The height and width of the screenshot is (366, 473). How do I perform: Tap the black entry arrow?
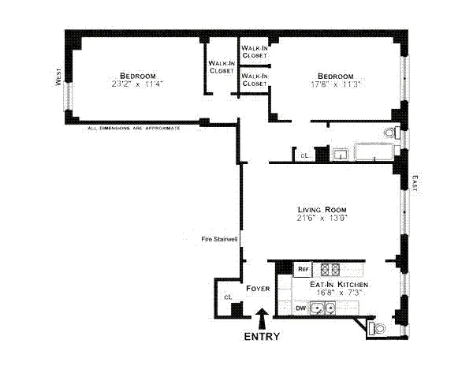[261, 318]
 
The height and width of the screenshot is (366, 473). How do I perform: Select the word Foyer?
[258, 289]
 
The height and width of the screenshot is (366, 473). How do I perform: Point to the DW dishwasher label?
[301, 308]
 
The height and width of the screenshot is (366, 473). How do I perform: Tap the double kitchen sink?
[321, 308]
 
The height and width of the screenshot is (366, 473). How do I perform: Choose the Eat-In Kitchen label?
[338, 284]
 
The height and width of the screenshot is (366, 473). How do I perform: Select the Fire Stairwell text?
[219, 239]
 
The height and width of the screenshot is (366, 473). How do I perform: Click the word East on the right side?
[415, 183]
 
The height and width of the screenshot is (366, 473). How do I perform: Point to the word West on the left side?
[58, 77]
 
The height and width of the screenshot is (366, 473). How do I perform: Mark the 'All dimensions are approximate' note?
[134, 127]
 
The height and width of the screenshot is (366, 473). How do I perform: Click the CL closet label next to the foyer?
[227, 297]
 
